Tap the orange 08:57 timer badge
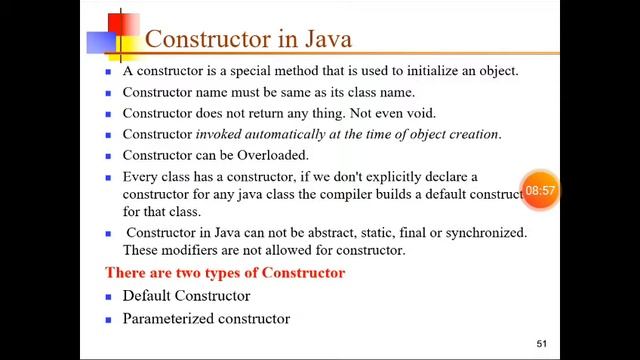pyautogui.click(x=540, y=189)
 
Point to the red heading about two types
pyautogui.click(x=225, y=273)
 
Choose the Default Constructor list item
pyautogui.click(x=186, y=296)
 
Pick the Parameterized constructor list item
pyautogui.click(x=206, y=319)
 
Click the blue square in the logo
pyautogui.click(x=103, y=43)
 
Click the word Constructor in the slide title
pyautogui.click(x=210, y=40)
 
